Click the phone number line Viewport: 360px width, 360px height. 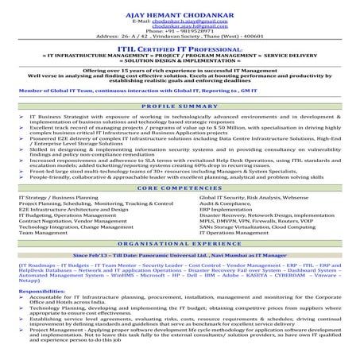coord(180,30)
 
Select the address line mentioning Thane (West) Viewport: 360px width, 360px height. coord(180,37)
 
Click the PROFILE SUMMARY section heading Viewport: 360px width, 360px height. coord(180,104)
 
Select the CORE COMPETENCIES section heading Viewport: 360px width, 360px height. coord(180,187)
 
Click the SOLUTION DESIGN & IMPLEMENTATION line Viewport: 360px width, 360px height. coord(180,64)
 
